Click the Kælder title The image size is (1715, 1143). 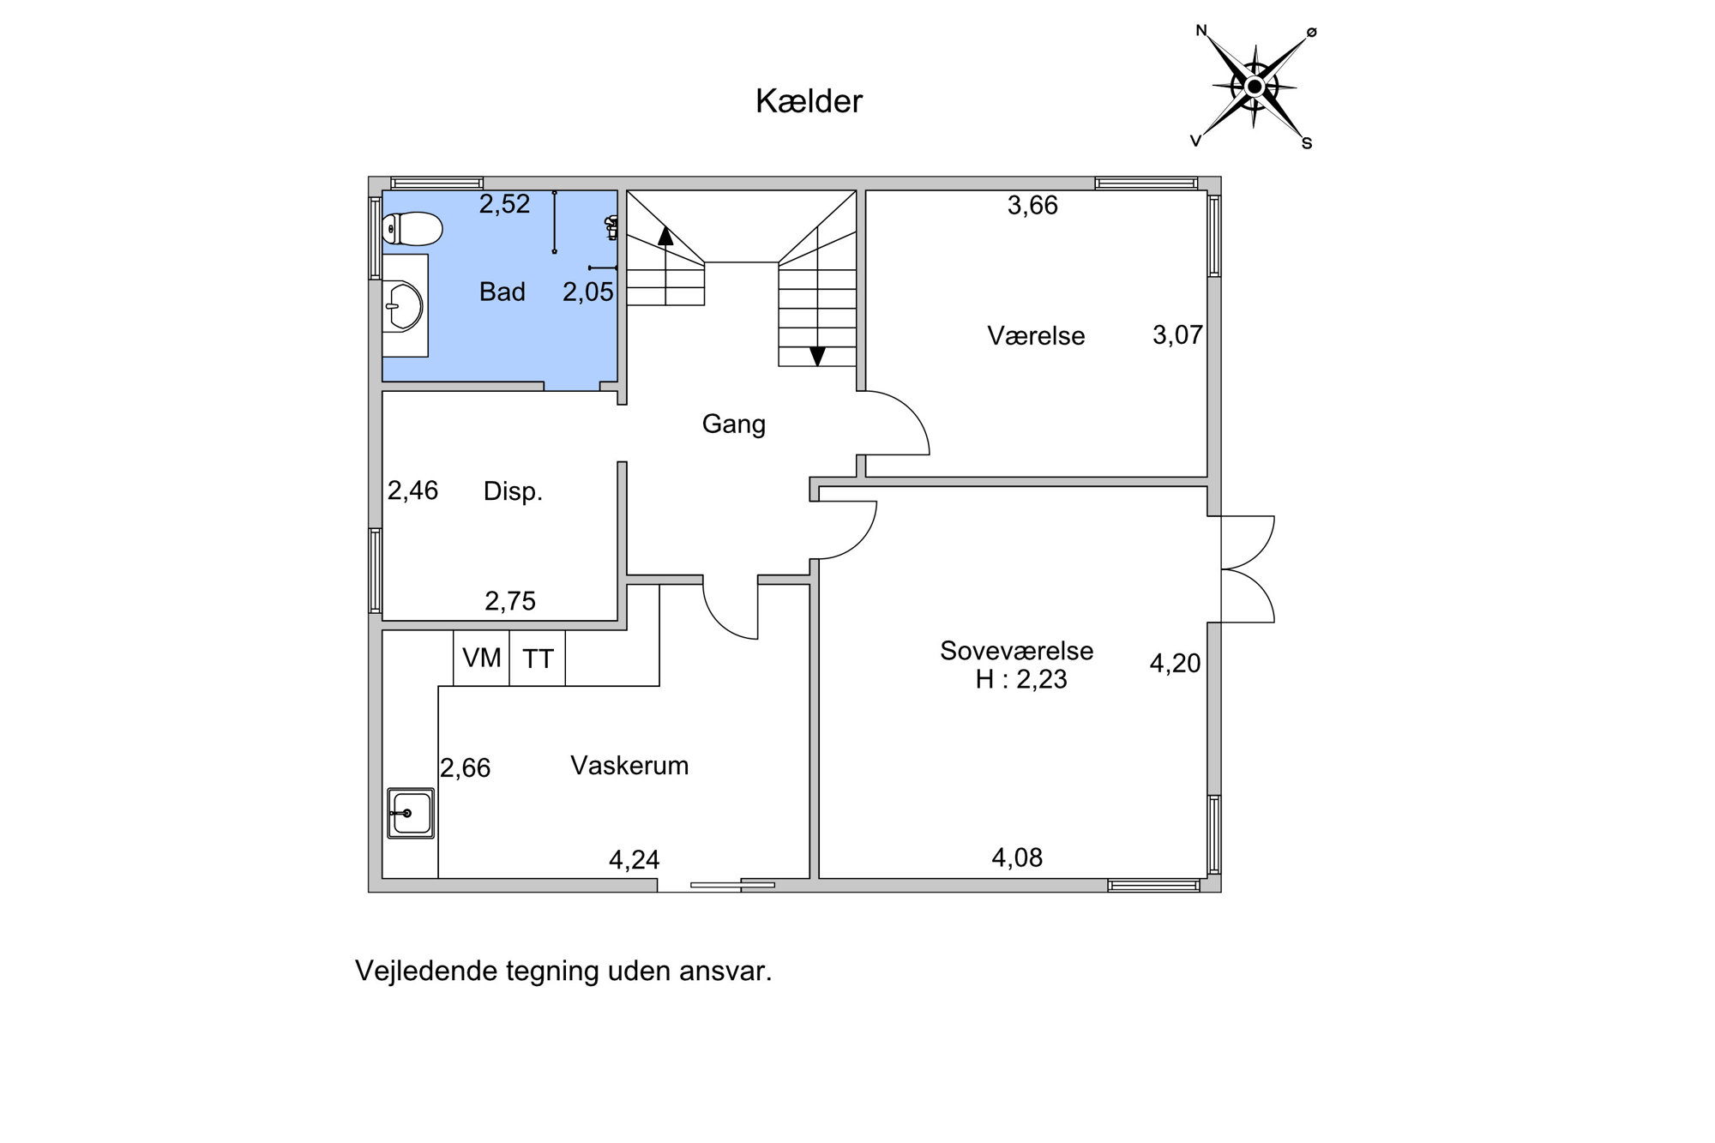click(809, 101)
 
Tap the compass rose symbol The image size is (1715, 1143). click(1255, 87)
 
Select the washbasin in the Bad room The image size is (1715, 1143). click(405, 306)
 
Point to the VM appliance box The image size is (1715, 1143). click(482, 659)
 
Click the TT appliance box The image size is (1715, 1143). click(538, 659)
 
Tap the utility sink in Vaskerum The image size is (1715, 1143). click(411, 813)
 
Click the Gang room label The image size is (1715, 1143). click(733, 424)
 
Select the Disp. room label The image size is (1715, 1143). click(513, 491)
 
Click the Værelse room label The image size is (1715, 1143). click(1036, 335)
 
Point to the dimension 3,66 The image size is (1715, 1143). click(1032, 206)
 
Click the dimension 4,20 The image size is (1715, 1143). click(1175, 663)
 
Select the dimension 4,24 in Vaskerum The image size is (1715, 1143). click(634, 860)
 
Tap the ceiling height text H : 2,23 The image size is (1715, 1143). click(1021, 679)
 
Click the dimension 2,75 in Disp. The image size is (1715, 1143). click(510, 601)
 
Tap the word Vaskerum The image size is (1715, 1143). click(629, 766)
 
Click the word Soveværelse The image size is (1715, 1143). click(1016, 651)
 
